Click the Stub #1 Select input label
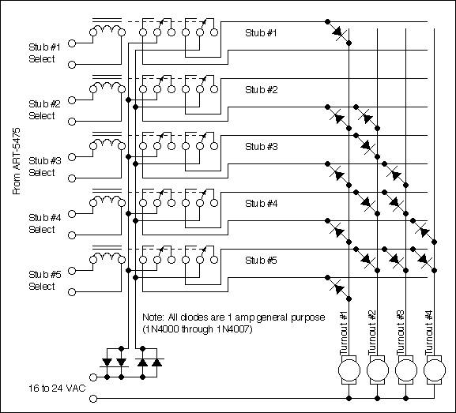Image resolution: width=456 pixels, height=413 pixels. (x=43, y=52)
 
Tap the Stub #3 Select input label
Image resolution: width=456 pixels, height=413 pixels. (x=43, y=167)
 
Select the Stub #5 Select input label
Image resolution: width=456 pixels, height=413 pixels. (x=43, y=280)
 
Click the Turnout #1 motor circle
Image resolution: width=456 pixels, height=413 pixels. (x=348, y=369)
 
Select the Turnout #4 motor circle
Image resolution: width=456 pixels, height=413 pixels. (x=433, y=369)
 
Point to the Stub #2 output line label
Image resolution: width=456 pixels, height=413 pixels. (x=261, y=89)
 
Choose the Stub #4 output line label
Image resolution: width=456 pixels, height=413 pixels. (x=261, y=203)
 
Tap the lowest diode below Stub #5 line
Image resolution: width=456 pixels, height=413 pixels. (x=338, y=287)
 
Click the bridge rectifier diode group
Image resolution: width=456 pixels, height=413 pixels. (x=131, y=362)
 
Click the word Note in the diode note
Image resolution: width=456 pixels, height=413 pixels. (x=150, y=316)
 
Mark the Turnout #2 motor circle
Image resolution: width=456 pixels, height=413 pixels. (x=376, y=369)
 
